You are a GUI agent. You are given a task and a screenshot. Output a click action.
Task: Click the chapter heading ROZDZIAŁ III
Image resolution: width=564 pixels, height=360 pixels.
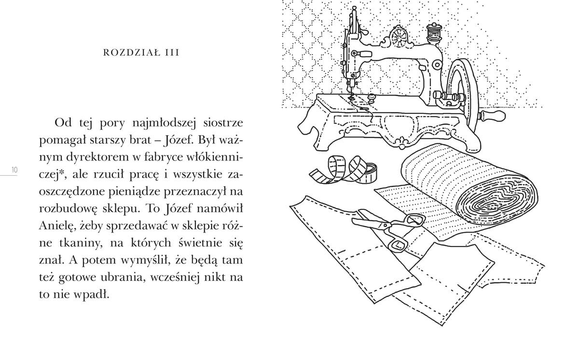[141, 53]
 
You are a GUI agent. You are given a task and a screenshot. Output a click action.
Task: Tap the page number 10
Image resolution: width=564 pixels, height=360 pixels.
[14, 170]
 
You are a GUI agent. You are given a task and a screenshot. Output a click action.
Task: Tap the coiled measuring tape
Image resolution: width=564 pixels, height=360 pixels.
[343, 170]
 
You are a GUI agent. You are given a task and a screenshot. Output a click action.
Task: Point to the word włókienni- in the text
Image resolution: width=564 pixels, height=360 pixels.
[211, 157]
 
